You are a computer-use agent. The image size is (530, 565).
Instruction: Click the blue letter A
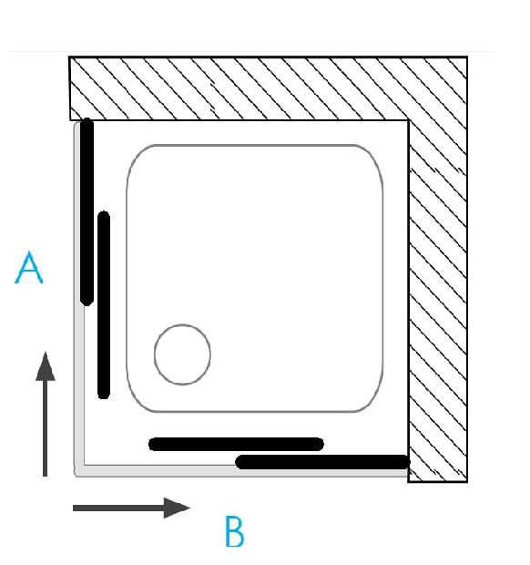pos(29,267)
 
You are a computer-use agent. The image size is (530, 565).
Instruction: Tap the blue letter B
pos(235,531)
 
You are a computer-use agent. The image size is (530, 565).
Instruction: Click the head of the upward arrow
pos(46,366)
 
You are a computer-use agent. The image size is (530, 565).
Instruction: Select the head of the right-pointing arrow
pos(177,508)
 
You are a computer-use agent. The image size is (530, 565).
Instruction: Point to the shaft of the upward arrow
pos(45,428)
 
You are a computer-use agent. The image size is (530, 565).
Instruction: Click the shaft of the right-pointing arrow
pos(118,508)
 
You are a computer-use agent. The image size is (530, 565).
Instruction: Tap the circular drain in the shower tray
pos(182,354)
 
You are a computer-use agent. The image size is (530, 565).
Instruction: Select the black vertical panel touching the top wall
pos(87,212)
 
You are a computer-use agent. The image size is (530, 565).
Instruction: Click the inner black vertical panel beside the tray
pos(104,305)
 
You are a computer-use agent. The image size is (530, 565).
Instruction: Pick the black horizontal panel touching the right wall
pos(322,462)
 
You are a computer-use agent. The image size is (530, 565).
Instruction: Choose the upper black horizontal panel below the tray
pos(236,445)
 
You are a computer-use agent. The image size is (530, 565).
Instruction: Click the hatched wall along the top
pos(269,88)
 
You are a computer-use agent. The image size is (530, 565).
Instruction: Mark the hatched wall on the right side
pos(438,301)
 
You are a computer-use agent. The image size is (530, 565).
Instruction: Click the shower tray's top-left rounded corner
pos(136,155)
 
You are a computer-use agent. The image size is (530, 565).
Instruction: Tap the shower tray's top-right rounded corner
pos(373,155)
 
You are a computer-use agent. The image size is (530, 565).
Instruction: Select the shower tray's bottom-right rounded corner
pos(373,402)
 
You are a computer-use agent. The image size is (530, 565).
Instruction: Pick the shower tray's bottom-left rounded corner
pos(136,402)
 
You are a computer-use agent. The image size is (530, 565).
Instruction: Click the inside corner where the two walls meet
pos(409,120)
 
